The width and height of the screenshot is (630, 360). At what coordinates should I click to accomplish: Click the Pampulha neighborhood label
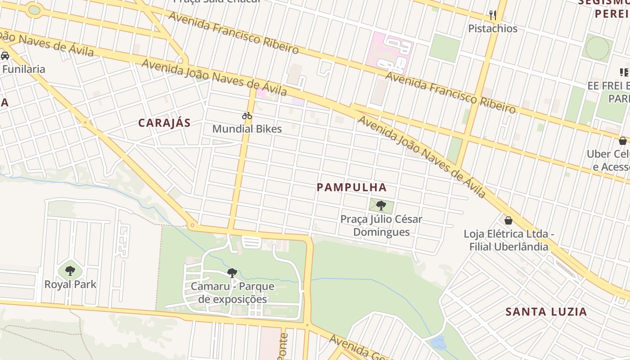point(351,187)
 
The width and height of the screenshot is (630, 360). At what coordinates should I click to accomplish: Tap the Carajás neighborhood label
point(164,123)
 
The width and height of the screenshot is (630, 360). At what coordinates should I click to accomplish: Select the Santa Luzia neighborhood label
point(546,311)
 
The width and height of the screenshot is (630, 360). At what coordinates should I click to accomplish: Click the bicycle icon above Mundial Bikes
point(247,116)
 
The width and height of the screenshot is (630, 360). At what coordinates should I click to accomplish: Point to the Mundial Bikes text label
point(247,129)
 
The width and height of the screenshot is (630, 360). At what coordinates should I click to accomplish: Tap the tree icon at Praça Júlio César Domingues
point(381,206)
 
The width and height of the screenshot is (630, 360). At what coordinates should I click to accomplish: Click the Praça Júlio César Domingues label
point(381,225)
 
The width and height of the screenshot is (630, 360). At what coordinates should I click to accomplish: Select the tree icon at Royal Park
point(70,270)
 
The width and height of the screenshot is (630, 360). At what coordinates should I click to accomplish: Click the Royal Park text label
point(70,284)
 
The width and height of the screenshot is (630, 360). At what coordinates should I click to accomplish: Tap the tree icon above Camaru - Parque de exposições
point(232,273)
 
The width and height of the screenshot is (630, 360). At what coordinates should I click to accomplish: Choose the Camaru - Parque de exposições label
point(233,293)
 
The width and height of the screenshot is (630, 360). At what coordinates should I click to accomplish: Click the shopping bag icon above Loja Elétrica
point(508,220)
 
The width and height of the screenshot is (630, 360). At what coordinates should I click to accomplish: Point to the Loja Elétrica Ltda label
point(508,240)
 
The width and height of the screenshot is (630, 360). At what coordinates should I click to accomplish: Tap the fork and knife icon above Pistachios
point(493,15)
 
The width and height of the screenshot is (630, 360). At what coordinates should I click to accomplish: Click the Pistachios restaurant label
point(493,29)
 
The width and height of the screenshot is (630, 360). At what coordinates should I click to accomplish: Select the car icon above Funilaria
point(5,56)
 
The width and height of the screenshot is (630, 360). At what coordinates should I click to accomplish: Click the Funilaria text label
point(23,69)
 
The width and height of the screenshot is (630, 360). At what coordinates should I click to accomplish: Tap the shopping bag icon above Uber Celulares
point(622,141)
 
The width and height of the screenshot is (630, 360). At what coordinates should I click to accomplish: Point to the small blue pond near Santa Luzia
point(438,342)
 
